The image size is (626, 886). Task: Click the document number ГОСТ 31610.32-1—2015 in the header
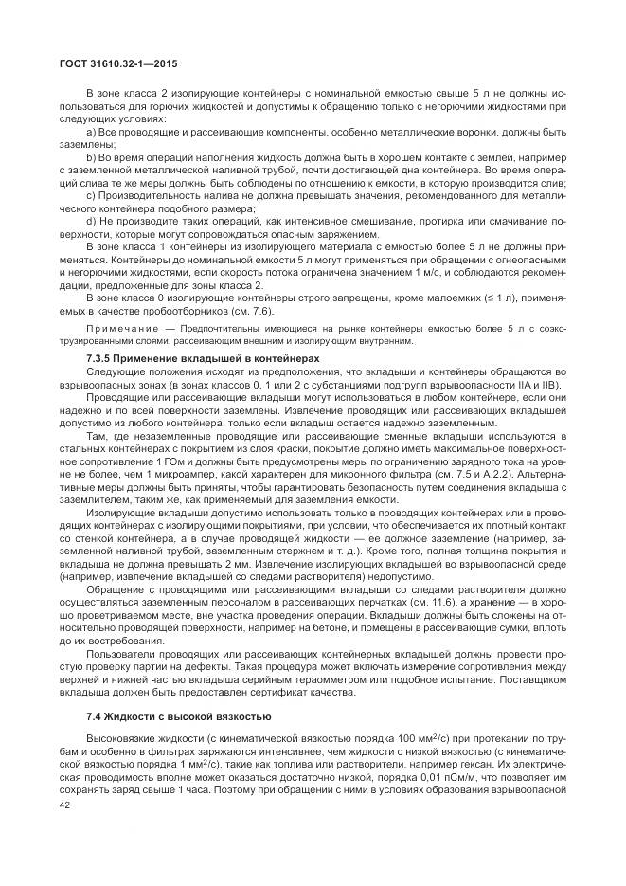113,63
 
